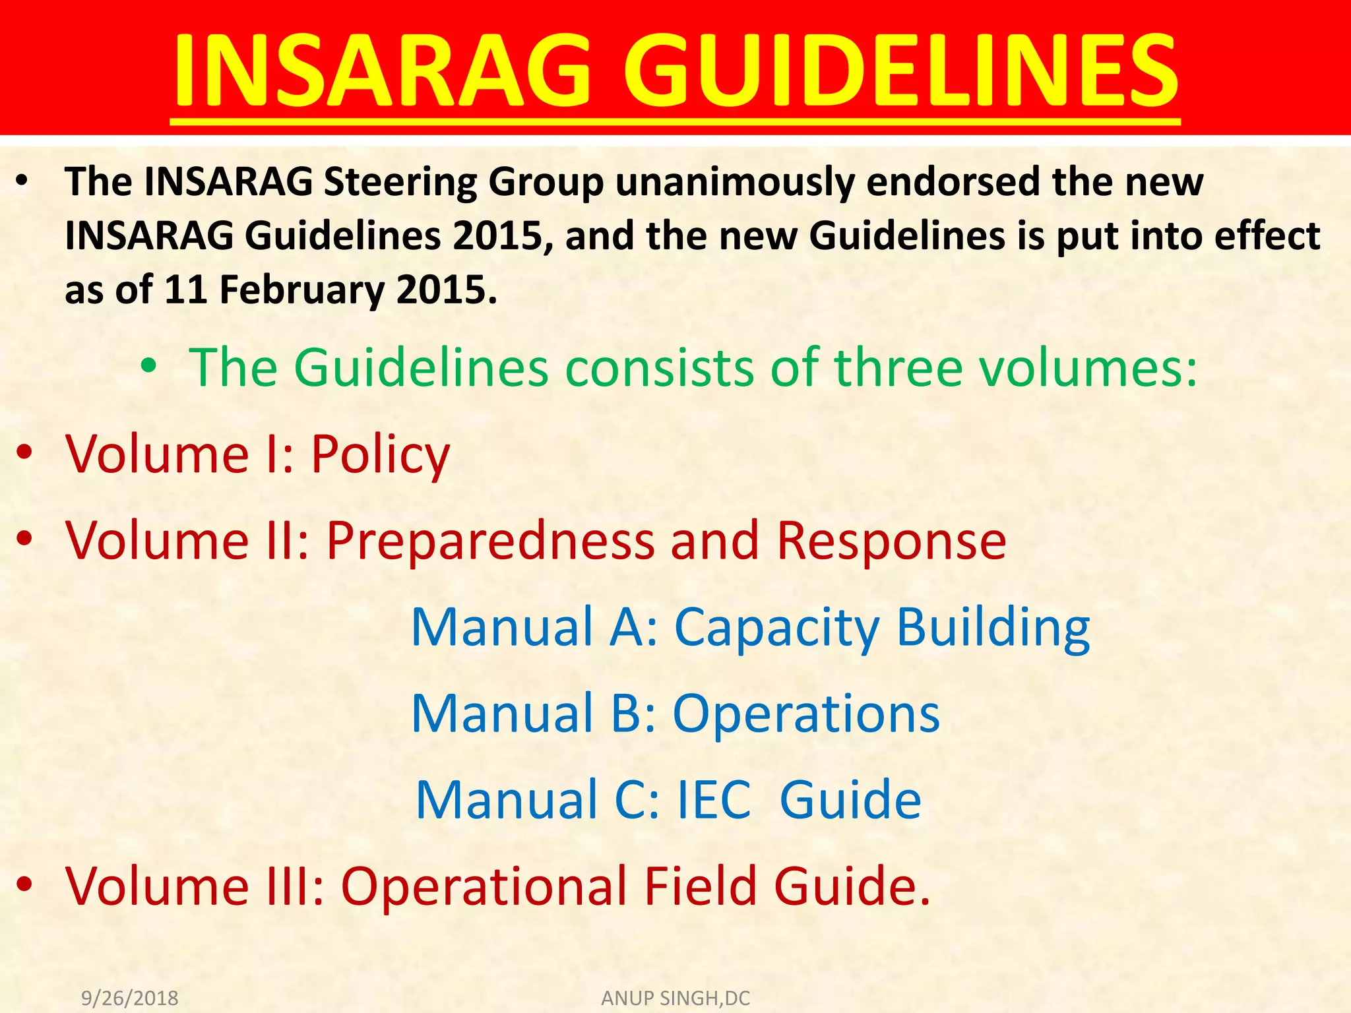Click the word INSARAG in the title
(381, 71)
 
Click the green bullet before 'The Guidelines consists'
(149, 366)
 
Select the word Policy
(380, 455)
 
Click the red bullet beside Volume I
(24, 453)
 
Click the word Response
(891, 541)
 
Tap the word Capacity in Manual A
(776, 627)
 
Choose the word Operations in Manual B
(806, 714)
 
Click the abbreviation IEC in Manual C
(714, 799)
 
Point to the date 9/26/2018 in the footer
(129, 998)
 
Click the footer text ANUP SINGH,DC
(675, 998)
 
